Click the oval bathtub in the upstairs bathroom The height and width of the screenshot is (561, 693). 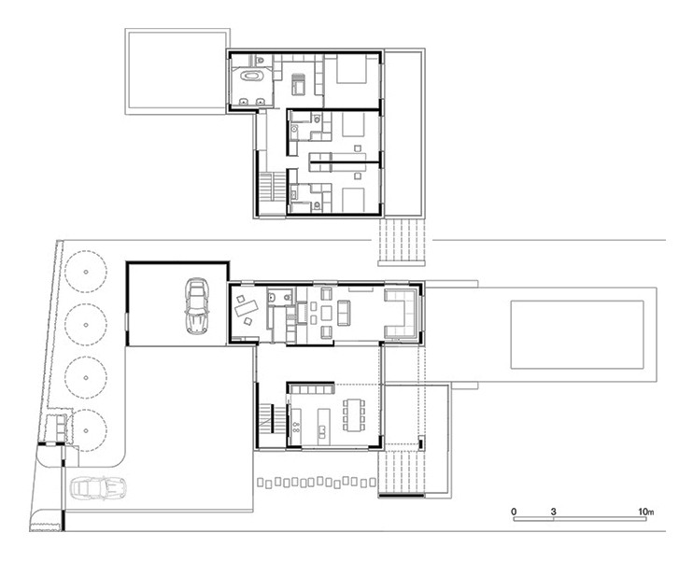click(x=252, y=76)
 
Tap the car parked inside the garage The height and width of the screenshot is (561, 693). click(x=197, y=305)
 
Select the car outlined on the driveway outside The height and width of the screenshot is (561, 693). click(x=99, y=488)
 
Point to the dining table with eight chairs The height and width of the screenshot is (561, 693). click(x=354, y=415)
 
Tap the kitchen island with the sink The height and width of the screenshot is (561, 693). click(x=323, y=423)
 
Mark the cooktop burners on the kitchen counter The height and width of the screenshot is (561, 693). click(x=296, y=427)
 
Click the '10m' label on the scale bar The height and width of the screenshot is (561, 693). click(x=645, y=512)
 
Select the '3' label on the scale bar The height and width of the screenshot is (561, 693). click(x=553, y=512)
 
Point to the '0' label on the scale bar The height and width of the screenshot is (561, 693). click(x=514, y=512)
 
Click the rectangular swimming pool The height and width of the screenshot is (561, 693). click(x=577, y=334)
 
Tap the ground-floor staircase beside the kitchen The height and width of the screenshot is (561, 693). click(x=266, y=417)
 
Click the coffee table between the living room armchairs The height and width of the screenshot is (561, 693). click(x=326, y=314)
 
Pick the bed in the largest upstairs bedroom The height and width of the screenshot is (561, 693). click(x=351, y=69)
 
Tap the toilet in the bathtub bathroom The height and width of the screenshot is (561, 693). click(x=261, y=59)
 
